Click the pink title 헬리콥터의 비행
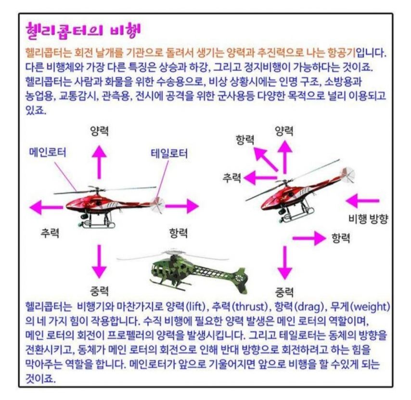coord(83,31)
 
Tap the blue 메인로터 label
coord(48,152)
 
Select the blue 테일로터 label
coord(169,154)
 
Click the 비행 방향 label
coord(368,219)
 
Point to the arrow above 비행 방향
coord(362,201)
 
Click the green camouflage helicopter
coord(182,271)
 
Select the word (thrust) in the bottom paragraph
coord(250,307)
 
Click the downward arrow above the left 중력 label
coord(99,261)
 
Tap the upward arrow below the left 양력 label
coord(99,162)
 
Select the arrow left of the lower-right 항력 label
coord(309,238)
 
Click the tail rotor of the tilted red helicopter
coord(348,174)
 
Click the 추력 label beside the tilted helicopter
coord(231,178)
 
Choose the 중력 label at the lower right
coord(284,292)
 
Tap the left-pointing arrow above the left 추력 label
coord(46,207)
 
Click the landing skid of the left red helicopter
coord(98,225)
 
